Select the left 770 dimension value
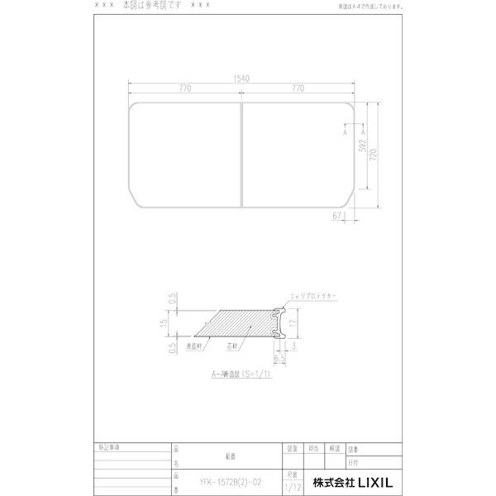(x=184, y=88)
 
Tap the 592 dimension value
(x=362, y=148)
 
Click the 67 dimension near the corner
(x=338, y=217)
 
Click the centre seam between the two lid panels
(x=241, y=155)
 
